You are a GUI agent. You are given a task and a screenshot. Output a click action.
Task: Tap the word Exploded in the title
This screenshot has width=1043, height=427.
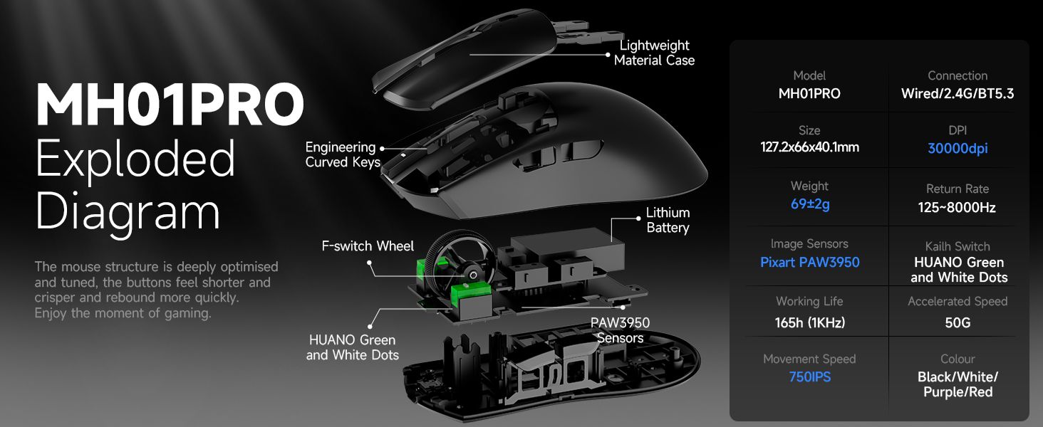point(135,159)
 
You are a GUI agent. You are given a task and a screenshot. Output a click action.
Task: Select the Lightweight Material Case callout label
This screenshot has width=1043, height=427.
point(654,53)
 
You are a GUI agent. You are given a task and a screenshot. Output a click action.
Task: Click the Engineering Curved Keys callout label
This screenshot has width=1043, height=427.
point(343,154)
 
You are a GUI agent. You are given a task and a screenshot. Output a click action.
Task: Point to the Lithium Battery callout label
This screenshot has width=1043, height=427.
point(668,220)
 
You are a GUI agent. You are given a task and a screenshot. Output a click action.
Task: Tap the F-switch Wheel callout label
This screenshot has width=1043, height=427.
point(368,246)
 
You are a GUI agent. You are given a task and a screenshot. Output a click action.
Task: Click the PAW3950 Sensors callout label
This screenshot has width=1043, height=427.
point(621,330)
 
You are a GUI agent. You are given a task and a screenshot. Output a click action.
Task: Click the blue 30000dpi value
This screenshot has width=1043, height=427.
point(958,148)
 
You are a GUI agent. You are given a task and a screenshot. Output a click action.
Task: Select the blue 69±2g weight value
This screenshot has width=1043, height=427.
point(810,204)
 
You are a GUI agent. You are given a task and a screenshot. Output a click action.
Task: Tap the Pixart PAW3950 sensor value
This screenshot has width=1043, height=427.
point(810,263)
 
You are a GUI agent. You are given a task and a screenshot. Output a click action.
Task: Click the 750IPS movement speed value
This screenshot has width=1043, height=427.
point(810,376)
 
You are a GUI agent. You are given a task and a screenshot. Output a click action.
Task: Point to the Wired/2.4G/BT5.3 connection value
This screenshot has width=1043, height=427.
point(958,94)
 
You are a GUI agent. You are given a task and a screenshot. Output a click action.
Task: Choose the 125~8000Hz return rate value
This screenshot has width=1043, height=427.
point(957,208)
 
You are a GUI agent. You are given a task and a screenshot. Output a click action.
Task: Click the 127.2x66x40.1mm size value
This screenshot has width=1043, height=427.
point(810,147)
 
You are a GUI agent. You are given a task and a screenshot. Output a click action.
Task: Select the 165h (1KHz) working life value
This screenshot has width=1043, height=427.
point(810,323)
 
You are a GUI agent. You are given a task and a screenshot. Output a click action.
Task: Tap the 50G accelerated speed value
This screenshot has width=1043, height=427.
point(958,323)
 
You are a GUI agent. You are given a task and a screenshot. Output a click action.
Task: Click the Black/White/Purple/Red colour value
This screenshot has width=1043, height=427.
point(958,384)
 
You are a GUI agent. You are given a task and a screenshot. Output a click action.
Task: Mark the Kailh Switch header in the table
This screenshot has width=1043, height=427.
point(958,246)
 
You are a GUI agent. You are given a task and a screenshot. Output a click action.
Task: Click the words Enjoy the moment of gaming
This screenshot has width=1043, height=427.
point(123,314)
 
